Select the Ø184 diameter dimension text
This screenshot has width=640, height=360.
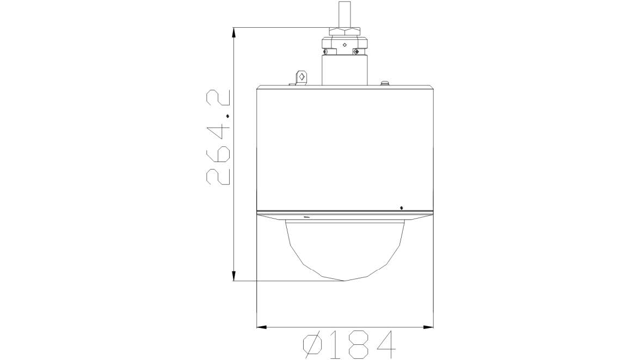point(349,345)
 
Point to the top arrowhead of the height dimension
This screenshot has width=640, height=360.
point(234,32)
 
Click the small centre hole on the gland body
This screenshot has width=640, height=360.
point(343,45)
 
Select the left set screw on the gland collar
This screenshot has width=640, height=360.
point(327,52)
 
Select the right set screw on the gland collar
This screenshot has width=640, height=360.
point(356,52)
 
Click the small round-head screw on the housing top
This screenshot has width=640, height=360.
point(385,83)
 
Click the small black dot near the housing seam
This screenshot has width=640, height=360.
point(401,207)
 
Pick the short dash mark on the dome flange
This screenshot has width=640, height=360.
point(306,218)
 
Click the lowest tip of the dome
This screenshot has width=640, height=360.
point(344,280)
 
